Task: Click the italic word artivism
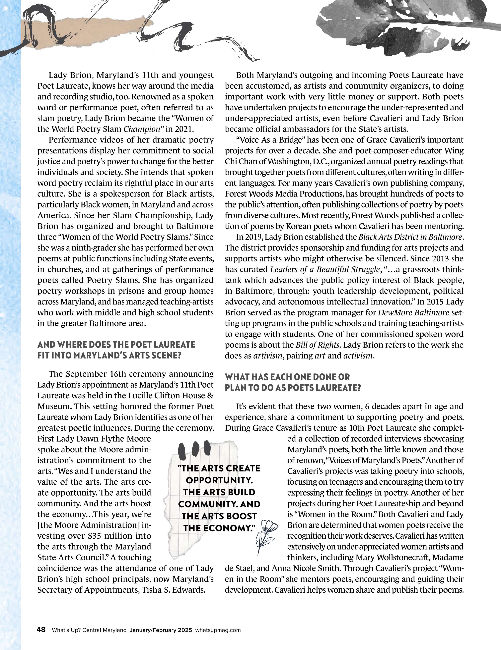267,356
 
